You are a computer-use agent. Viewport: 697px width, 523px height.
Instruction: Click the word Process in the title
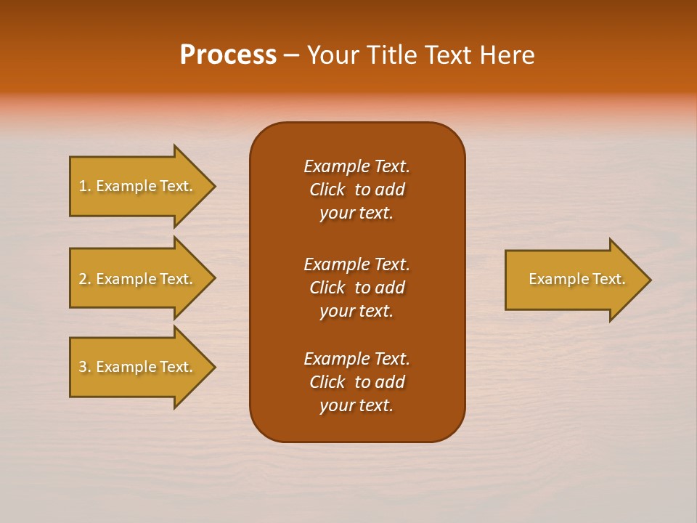click(228, 55)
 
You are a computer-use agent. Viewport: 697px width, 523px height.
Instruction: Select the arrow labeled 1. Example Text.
click(138, 186)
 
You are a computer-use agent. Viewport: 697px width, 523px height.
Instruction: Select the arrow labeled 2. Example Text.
click(138, 279)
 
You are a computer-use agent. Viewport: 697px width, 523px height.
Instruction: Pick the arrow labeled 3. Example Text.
click(138, 367)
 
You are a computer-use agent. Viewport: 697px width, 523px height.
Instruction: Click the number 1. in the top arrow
click(85, 186)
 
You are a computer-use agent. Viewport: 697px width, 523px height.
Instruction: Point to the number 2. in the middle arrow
click(85, 279)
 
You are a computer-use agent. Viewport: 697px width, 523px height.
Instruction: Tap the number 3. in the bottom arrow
click(85, 367)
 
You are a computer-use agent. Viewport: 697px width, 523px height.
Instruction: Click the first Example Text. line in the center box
click(356, 166)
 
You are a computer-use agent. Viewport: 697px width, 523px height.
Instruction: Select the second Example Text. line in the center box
click(356, 264)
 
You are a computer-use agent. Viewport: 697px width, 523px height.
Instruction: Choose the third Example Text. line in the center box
click(356, 359)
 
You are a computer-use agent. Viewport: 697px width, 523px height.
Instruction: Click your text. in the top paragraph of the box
click(356, 214)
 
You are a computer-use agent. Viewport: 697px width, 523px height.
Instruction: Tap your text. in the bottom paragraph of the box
click(356, 406)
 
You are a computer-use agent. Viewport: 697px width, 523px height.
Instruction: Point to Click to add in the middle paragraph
click(356, 288)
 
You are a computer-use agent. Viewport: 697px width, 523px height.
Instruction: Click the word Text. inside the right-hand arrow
click(608, 279)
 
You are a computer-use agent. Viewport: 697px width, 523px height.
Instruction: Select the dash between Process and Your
click(291, 56)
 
